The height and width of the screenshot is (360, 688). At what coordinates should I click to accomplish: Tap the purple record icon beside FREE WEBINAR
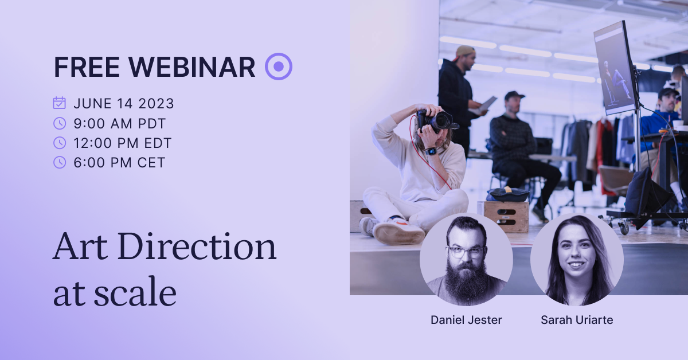pos(279,66)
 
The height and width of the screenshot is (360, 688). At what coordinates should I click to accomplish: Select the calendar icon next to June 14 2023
pos(59,103)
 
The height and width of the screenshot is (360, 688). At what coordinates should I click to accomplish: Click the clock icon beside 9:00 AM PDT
pos(59,123)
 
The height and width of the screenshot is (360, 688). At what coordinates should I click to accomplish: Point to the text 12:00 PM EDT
pos(122,143)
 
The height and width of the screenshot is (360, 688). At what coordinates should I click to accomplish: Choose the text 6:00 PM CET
pos(119,162)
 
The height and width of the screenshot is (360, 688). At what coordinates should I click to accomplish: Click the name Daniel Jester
pos(466,320)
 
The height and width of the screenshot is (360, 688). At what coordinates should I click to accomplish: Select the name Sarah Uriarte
pos(577,320)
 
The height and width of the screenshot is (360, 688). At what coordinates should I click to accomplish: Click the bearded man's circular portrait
pos(466,260)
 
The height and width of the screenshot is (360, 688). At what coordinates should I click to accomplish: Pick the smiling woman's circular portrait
pos(577,260)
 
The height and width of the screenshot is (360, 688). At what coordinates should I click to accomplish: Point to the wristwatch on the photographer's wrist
pos(431,151)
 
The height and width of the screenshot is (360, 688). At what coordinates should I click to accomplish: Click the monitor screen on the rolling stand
pos(614,69)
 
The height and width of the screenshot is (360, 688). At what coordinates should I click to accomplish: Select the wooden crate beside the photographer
pos(506,216)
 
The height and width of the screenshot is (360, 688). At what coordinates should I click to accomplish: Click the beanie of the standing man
pos(465,52)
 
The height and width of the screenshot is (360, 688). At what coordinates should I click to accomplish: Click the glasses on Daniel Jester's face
pos(466,251)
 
